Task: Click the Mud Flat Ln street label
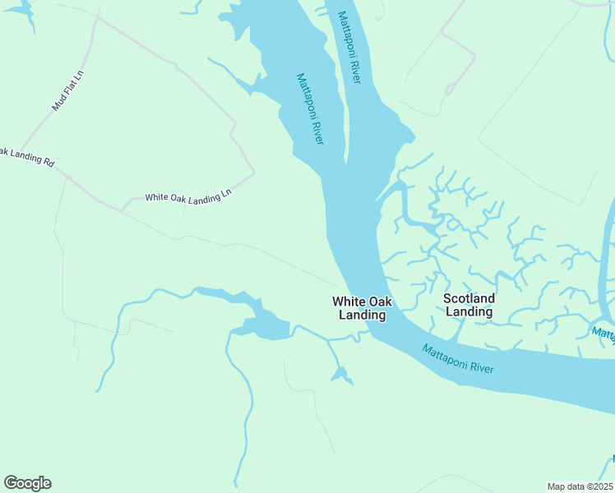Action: pyautogui.click(x=68, y=90)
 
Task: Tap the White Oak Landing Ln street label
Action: pyautogui.click(x=188, y=198)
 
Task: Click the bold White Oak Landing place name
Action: pyautogui.click(x=362, y=308)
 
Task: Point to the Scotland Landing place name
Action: pyautogui.click(x=469, y=305)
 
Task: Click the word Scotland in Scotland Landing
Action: pyautogui.click(x=469, y=298)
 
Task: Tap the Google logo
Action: pyautogui.click(x=27, y=483)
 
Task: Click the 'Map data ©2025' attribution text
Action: pyautogui.click(x=580, y=486)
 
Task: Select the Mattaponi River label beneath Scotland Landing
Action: pyautogui.click(x=458, y=359)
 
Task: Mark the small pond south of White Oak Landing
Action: pyautogui.click(x=340, y=376)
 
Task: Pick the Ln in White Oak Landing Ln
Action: pyautogui.click(x=227, y=196)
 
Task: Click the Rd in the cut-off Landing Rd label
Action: pyautogui.click(x=49, y=163)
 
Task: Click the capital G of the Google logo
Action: pyautogui.click(x=11, y=482)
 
